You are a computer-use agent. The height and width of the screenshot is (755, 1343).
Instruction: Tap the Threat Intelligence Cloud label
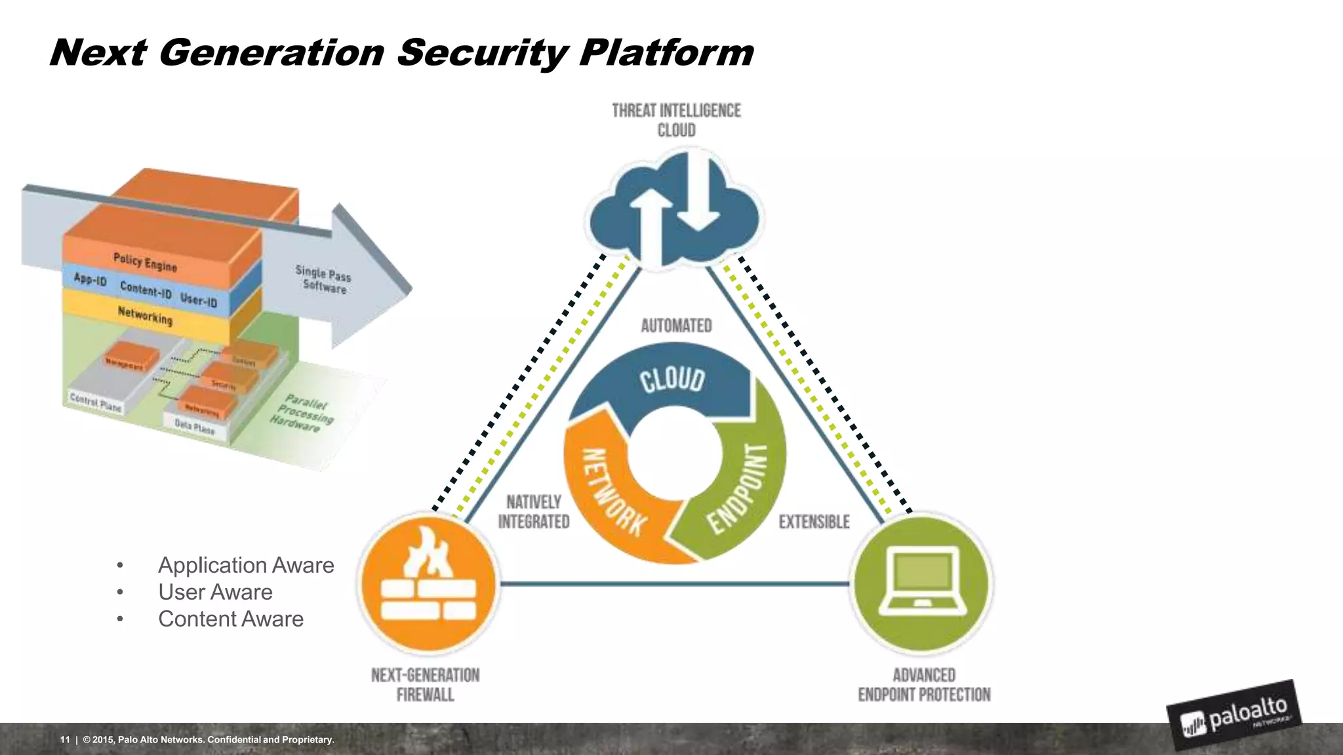point(676,120)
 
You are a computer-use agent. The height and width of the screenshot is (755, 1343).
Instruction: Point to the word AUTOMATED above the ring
point(676,326)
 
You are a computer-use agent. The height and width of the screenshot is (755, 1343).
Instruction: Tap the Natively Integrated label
point(533,512)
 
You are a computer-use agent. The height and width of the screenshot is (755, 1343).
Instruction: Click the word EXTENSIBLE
point(814,522)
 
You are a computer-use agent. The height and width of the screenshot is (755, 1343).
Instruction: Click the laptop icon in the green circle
point(922,581)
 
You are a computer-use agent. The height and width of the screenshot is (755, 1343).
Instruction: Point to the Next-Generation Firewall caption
point(425,685)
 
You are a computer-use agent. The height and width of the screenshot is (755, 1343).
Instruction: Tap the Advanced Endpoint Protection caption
point(924,685)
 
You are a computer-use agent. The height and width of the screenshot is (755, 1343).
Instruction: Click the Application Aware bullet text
point(246,565)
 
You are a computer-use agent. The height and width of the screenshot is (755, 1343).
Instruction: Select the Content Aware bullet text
point(231,619)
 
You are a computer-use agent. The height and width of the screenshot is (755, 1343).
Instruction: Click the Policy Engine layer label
point(145,262)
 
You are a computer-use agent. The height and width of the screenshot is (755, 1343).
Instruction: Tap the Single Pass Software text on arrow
point(323,280)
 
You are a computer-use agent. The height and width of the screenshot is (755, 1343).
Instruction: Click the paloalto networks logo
point(1234,716)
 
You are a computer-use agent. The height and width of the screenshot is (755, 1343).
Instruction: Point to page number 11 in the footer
point(65,740)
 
